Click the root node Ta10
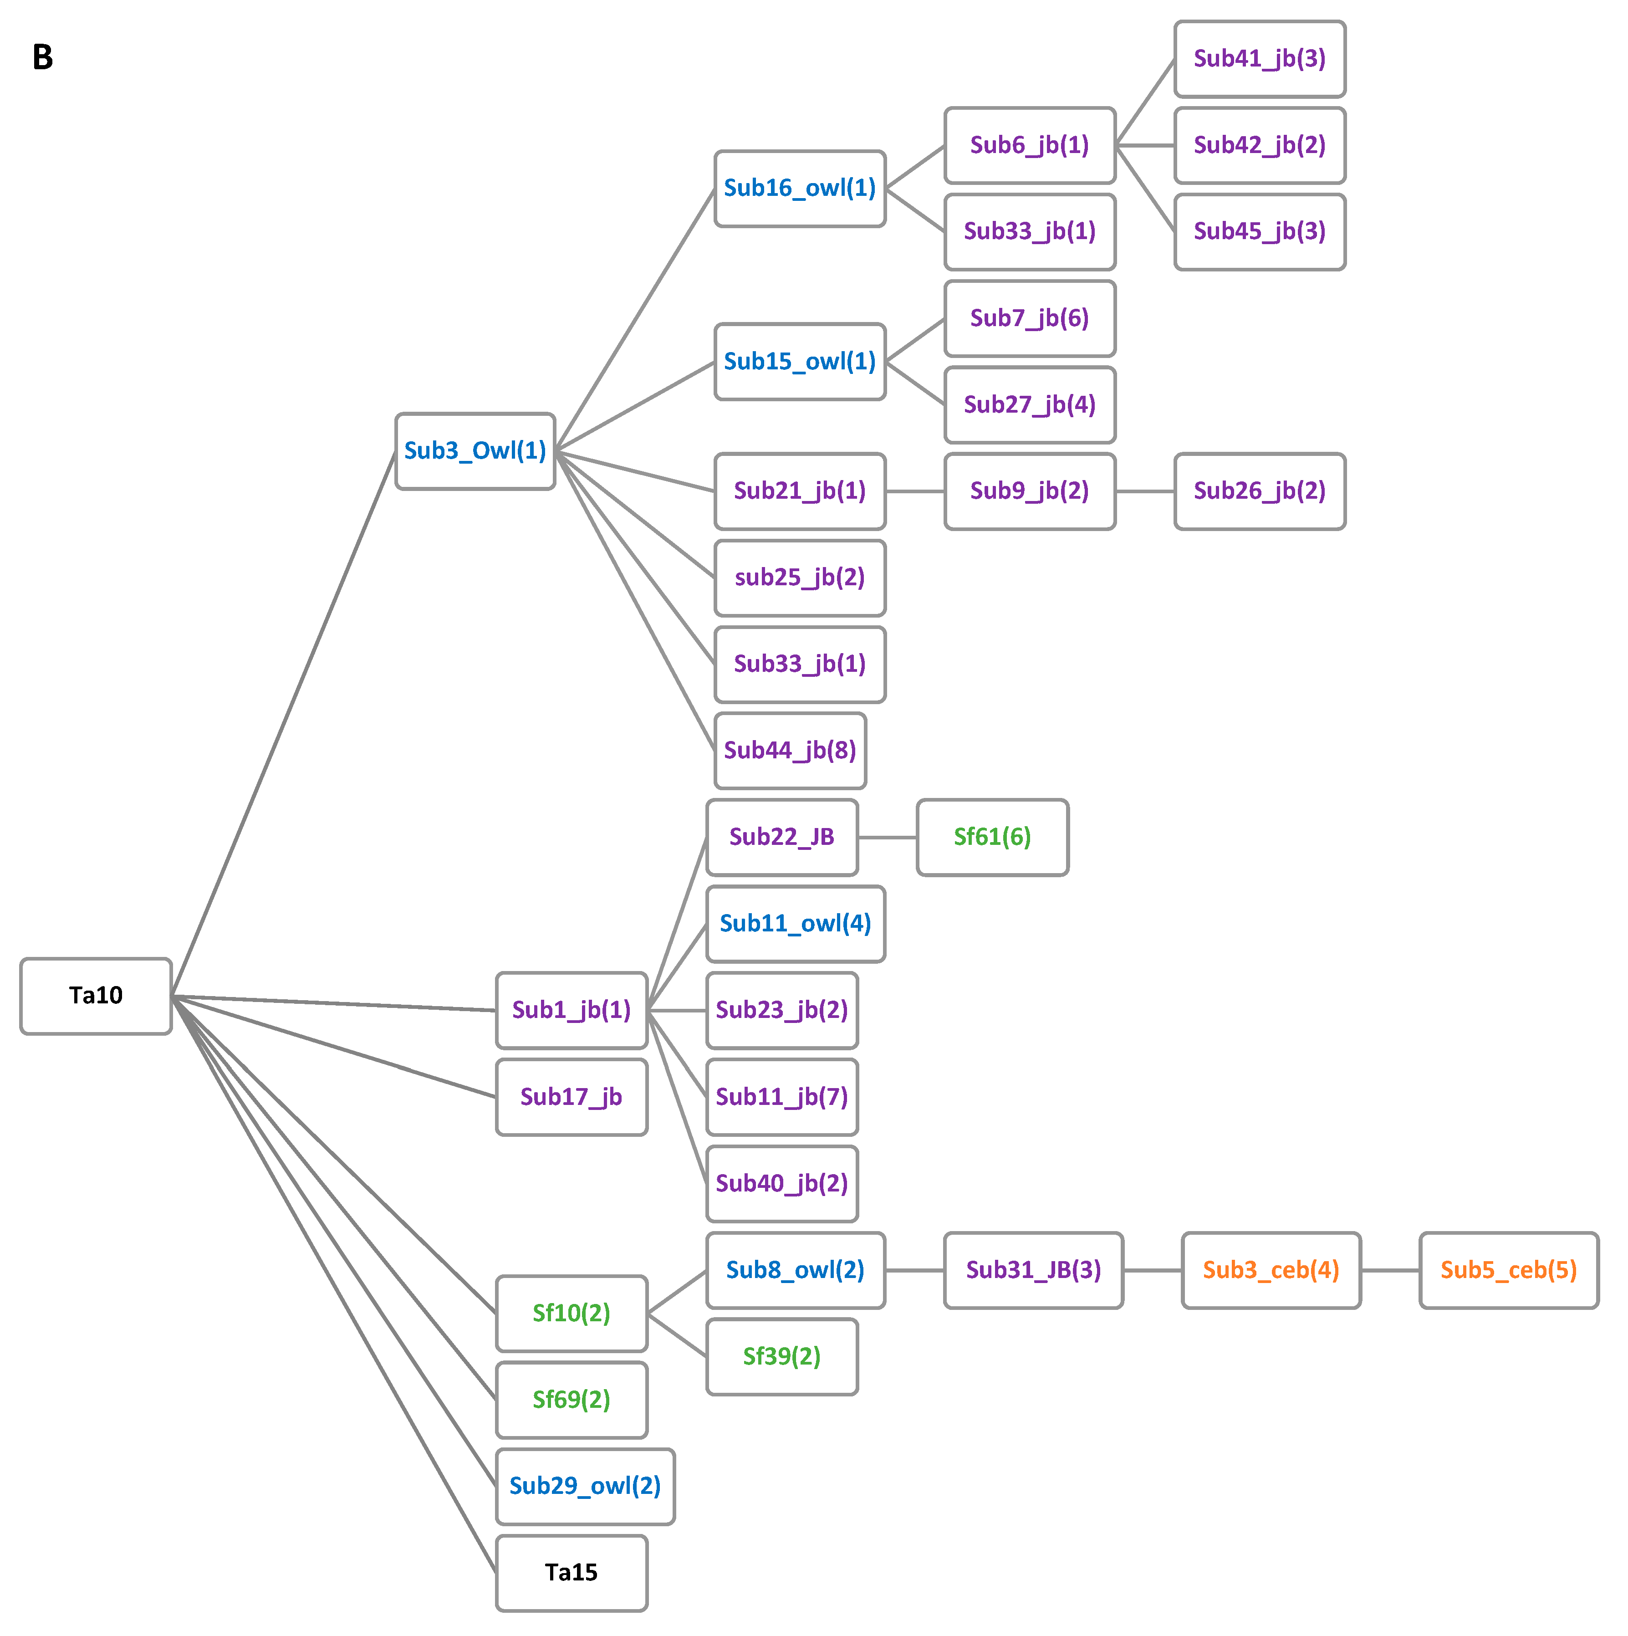pyautogui.click(x=96, y=996)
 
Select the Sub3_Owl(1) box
pyautogui.click(x=475, y=451)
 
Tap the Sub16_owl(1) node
pyautogui.click(x=799, y=189)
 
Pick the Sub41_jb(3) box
pyautogui.click(x=1259, y=59)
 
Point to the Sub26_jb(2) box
pyautogui.click(x=1259, y=491)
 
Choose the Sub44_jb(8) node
pyautogui.click(x=790, y=750)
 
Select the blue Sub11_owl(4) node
pyautogui.click(x=795, y=924)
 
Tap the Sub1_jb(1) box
pyautogui.click(x=572, y=1010)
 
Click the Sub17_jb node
pyautogui.click(x=572, y=1098)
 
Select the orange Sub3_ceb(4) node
pyautogui.click(x=1270, y=1270)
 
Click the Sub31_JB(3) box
pyautogui.click(x=1033, y=1270)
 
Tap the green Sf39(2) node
pyautogui.click(x=781, y=1356)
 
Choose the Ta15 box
pyautogui.click(x=572, y=1573)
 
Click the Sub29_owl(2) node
pyautogui.click(x=585, y=1486)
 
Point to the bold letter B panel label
pyautogui.click(x=42, y=57)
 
